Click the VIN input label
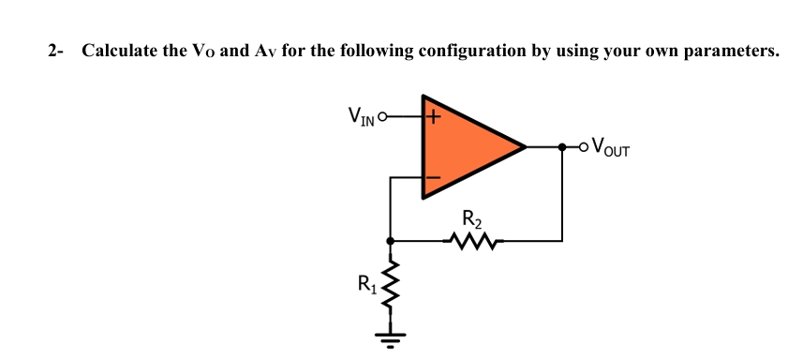pyautogui.click(x=361, y=117)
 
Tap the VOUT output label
pyautogui.click(x=612, y=147)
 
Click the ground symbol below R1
pyautogui.click(x=390, y=334)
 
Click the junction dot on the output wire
pyautogui.click(x=562, y=147)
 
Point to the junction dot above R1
pyautogui.click(x=390, y=241)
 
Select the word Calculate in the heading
pyautogui.click(x=120, y=51)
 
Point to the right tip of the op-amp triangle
pyautogui.click(x=525, y=147)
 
